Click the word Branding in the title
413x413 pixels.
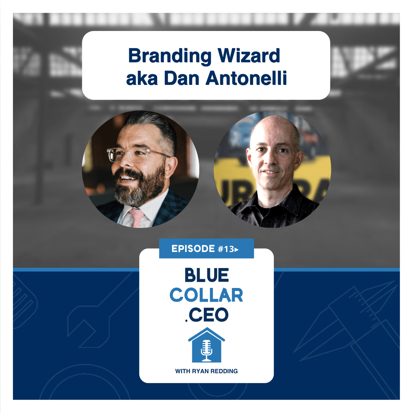tap(170, 56)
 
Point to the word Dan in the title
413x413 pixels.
tap(182, 78)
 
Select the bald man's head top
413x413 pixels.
tap(273, 127)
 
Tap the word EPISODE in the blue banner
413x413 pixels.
tap(193, 249)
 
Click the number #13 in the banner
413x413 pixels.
tap(226, 249)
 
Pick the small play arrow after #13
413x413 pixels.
tap(237, 249)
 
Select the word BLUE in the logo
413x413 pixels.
tap(207, 275)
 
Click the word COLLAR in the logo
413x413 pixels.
tap(206, 295)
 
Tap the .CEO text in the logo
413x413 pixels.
tap(206, 314)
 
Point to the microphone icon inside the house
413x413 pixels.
tap(206, 350)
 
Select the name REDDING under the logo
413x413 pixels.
tap(224, 371)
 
